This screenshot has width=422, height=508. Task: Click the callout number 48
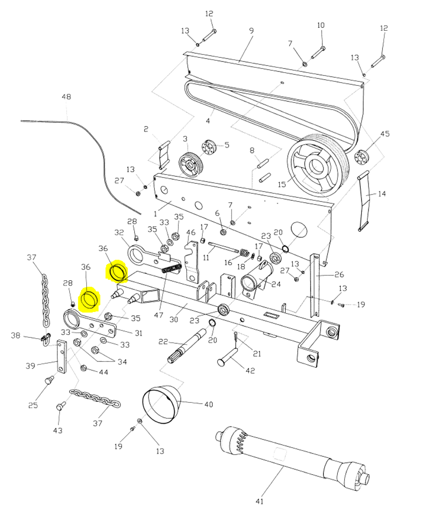(66, 97)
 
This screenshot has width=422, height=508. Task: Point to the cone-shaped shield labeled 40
(161, 405)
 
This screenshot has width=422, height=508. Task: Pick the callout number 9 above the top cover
(251, 31)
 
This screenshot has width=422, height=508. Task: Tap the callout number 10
(320, 25)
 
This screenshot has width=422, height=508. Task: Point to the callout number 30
(173, 319)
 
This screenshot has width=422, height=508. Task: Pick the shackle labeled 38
(45, 339)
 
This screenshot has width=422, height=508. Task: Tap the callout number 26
(339, 274)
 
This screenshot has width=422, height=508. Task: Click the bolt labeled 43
(60, 407)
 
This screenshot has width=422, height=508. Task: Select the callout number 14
(381, 194)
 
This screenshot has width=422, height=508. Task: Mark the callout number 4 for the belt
(208, 121)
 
